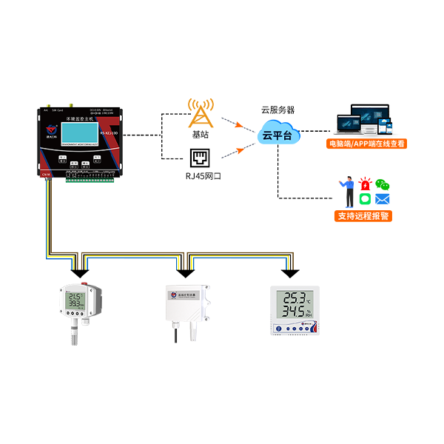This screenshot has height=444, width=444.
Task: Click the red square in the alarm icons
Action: (364, 175)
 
